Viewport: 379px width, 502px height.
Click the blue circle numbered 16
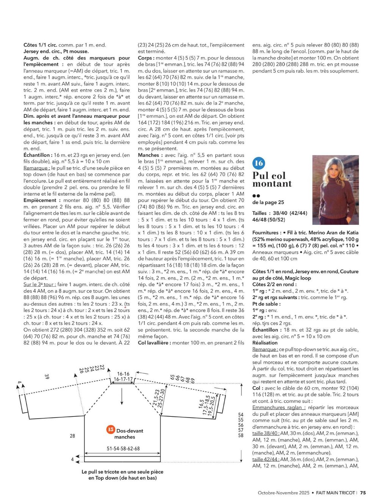(x=259, y=163)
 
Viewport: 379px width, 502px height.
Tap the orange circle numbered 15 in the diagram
(x=111, y=429)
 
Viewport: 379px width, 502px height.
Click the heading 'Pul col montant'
(x=272, y=179)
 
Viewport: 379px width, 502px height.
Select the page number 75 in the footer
(x=363, y=493)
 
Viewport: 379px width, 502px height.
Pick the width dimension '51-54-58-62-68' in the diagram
(x=123, y=449)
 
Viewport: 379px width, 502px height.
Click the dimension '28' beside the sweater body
(x=72, y=436)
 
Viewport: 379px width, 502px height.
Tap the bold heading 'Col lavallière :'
(x=154, y=343)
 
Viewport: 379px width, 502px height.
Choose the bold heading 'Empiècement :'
(x=40, y=200)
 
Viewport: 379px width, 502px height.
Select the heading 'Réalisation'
(x=267, y=343)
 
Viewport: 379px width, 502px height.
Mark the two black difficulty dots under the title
(x=256, y=196)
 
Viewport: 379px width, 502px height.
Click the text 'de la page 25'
(x=268, y=203)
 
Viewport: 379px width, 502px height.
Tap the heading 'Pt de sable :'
(x=266, y=304)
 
